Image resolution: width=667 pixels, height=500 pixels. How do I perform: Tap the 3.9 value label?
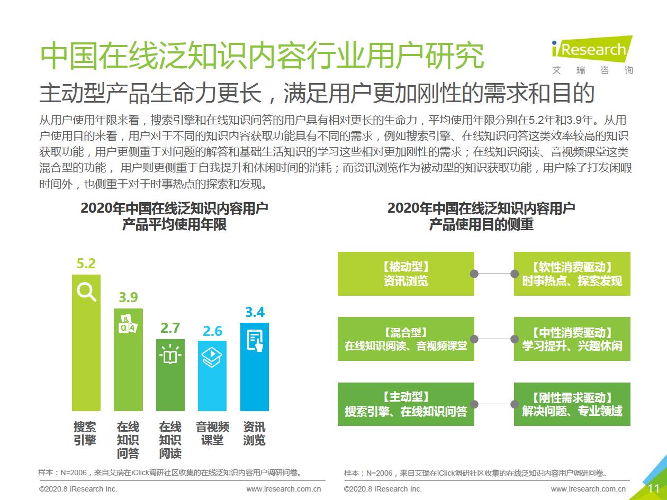(x=128, y=297)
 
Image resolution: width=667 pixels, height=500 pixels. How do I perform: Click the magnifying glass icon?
(x=86, y=292)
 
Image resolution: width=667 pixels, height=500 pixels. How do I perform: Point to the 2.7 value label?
(x=170, y=328)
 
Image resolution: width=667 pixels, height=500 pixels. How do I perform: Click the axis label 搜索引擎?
(x=85, y=433)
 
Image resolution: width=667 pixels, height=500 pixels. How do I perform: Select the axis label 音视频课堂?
(x=212, y=433)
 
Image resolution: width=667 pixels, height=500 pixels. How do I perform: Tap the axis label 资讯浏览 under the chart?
(x=255, y=433)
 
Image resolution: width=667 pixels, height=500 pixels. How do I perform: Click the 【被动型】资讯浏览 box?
(x=405, y=274)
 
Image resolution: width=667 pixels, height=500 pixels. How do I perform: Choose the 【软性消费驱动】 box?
(x=572, y=274)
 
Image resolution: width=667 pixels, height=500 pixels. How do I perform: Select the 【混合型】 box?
(x=405, y=339)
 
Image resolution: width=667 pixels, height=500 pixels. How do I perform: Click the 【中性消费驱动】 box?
(x=572, y=339)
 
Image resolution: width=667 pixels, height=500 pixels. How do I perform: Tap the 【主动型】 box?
(x=405, y=404)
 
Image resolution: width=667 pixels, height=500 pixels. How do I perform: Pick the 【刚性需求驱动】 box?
(x=572, y=404)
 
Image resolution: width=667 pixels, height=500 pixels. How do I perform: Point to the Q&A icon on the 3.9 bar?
(x=128, y=324)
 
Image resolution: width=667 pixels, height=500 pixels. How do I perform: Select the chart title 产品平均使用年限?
(x=174, y=224)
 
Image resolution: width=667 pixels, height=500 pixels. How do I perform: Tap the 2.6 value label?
(x=212, y=331)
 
